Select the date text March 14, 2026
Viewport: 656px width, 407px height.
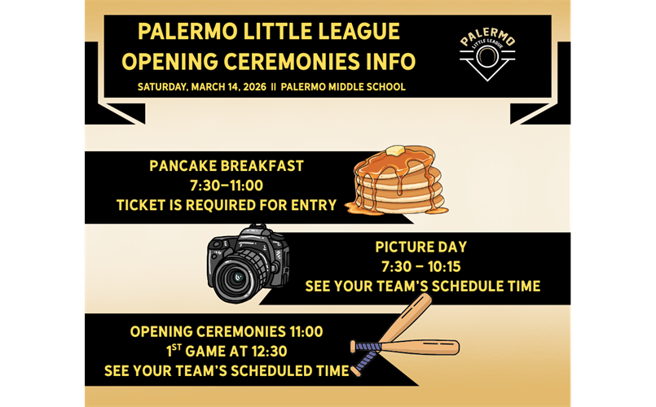[228, 87]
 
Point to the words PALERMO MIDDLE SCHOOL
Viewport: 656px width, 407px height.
[343, 87]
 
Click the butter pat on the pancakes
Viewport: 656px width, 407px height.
[395, 151]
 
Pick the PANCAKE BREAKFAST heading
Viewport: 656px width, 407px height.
[227, 166]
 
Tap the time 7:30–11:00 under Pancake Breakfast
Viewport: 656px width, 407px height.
[227, 186]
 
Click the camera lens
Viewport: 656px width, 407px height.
[237, 277]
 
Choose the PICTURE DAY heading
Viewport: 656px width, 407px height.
[420, 247]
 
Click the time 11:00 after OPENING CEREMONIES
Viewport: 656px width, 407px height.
[306, 332]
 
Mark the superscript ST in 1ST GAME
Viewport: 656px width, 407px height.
[177, 347]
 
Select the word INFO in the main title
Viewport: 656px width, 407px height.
[391, 61]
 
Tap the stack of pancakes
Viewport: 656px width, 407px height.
[398, 181]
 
